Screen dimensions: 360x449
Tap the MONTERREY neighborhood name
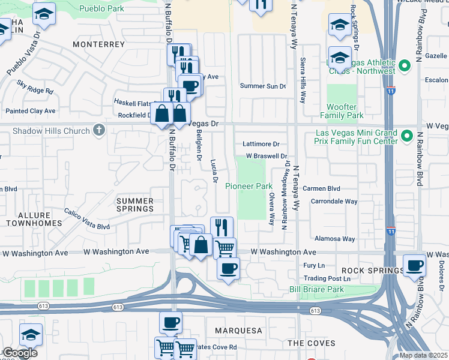click(x=99, y=44)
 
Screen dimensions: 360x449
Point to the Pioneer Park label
click(x=249, y=187)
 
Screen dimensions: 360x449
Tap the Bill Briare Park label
click(x=316, y=290)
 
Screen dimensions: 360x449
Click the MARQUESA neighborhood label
click(x=239, y=331)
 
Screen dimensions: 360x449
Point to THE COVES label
click(x=311, y=343)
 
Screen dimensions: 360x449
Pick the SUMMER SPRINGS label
click(x=135, y=205)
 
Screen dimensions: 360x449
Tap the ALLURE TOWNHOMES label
click(x=34, y=218)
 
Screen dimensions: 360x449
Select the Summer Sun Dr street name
click(x=263, y=86)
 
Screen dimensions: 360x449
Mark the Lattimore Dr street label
click(x=261, y=144)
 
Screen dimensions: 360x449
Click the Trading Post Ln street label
click(x=327, y=278)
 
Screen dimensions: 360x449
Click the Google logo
click(x=19, y=353)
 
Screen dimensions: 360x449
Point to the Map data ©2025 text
click(x=423, y=355)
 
